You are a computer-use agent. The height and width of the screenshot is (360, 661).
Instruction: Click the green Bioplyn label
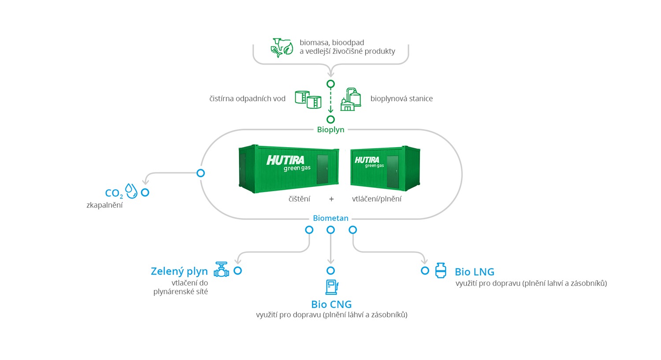click(330, 130)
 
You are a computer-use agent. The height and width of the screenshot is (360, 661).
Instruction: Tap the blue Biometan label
click(330, 219)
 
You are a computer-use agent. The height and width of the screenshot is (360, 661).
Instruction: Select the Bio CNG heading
click(331, 304)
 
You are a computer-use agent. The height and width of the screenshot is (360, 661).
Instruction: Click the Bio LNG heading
click(475, 272)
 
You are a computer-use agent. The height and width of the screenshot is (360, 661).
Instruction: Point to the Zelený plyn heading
click(179, 271)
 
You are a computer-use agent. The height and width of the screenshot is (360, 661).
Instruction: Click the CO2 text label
click(114, 193)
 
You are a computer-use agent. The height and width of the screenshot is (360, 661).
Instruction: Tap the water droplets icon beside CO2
click(131, 191)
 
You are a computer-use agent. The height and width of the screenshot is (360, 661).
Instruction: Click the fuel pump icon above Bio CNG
click(332, 287)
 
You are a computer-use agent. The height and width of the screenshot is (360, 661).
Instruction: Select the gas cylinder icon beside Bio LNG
click(441, 270)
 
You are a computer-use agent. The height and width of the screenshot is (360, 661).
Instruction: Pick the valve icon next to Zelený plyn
click(221, 269)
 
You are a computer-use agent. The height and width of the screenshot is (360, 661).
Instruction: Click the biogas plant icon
click(351, 100)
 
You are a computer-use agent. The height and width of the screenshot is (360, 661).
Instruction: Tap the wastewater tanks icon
click(308, 100)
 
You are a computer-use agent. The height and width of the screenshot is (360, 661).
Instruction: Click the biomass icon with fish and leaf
click(282, 48)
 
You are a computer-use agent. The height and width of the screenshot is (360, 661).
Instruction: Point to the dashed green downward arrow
click(330, 100)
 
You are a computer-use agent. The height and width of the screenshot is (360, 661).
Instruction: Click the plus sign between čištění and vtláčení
click(331, 199)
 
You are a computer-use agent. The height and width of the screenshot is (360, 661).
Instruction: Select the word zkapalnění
click(104, 205)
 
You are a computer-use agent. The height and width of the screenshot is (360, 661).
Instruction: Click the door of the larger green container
click(323, 169)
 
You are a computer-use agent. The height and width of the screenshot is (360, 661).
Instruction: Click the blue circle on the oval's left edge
click(201, 173)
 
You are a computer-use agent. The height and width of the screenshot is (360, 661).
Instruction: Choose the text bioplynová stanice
click(401, 99)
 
